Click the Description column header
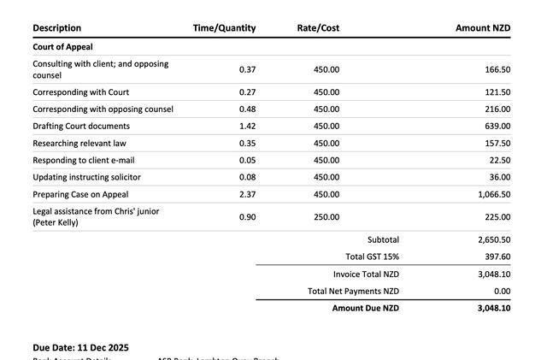[x=57, y=28]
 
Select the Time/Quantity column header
[x=224, y=28]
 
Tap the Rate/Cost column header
[x=318, y=28]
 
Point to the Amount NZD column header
[x=483, y=28]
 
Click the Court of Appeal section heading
[x=62, y=47]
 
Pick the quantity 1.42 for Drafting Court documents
[x=247, y=127]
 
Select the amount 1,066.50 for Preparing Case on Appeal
[x=494, y=194]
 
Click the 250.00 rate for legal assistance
[x=326, y=217]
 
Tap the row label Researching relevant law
[x=79, y=144]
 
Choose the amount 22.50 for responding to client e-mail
[x=497, y=161]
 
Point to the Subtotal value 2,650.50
[x=494, y=240]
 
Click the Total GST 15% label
[x=372, y=257]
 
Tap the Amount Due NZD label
[x=365, y=308]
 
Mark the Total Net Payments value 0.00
[x=502, y=292]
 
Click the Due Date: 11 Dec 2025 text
[x=81, y=348]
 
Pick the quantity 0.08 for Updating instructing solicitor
[x=247, y=177]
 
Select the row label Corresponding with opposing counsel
[x=103, y=109]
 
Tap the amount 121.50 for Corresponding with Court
[x=497, y=92]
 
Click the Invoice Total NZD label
[x=366, y=274]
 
